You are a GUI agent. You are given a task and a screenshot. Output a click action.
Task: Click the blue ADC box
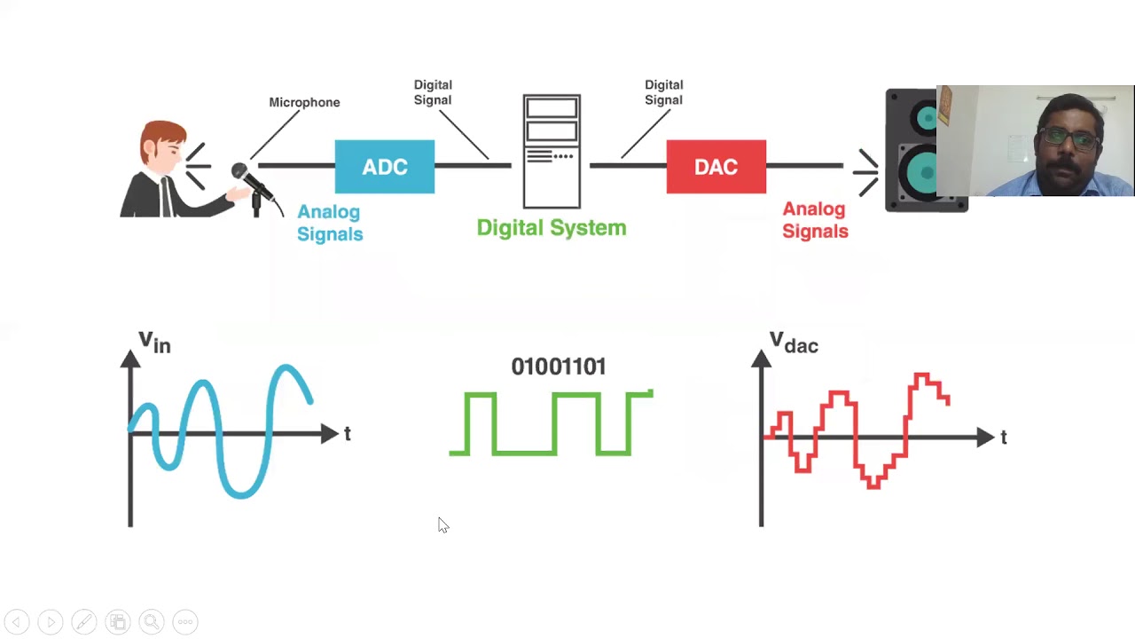385,167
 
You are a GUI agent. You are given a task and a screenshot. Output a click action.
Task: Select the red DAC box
716,167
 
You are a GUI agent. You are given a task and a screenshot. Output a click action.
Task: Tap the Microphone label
304,102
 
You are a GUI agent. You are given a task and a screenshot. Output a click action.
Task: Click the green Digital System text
552,228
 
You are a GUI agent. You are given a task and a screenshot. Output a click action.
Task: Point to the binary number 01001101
559,367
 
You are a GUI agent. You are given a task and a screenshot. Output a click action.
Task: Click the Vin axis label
154,342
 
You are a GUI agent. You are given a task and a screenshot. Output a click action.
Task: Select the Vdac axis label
793,343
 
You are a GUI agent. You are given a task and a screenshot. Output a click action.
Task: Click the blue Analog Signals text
330,223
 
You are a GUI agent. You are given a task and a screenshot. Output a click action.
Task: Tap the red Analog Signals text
815,220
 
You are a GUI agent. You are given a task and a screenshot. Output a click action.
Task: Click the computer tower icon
552,151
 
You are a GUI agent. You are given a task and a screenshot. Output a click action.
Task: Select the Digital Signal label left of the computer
433,92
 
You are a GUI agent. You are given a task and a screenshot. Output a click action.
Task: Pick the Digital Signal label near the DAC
663,92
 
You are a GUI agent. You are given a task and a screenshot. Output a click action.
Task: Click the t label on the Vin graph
348,434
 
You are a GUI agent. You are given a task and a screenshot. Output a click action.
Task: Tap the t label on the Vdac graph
1004,438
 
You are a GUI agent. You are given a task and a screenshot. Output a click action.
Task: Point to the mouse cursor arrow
442,525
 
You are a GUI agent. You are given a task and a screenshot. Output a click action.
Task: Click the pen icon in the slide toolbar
84,622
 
